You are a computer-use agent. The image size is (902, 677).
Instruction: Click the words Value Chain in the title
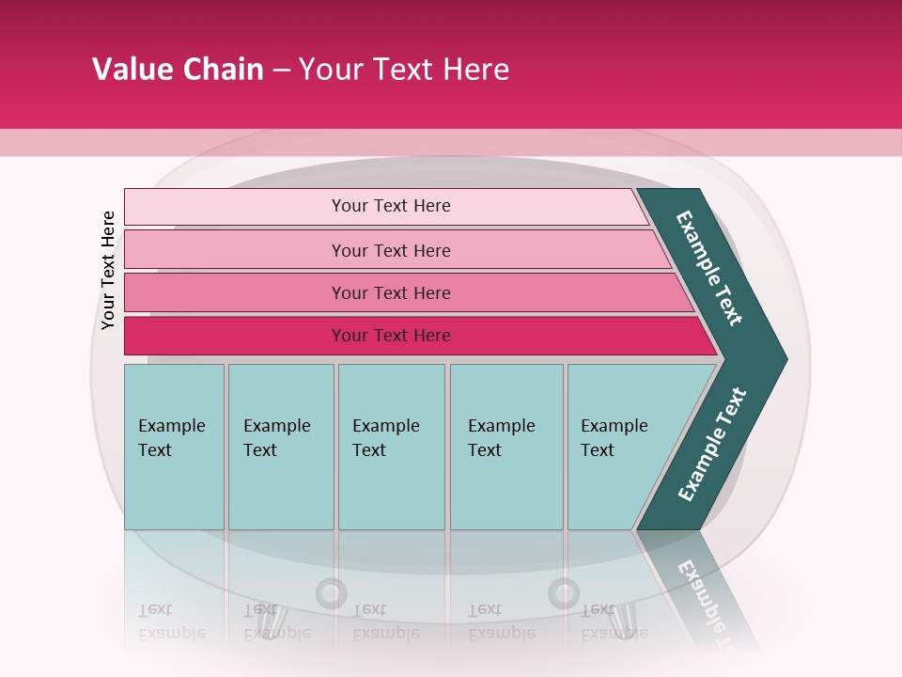coord(178,70)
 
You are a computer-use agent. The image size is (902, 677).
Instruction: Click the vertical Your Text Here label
coord(108,270)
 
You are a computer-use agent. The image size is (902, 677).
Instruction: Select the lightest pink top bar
coord(235,207)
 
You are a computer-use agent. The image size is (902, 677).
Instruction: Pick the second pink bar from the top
coord(235,250)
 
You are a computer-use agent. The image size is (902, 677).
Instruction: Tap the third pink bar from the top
coord(235,292)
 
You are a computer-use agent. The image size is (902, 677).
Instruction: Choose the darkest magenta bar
coord(235,336)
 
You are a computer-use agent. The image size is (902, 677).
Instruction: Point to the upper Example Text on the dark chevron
coord(709,268)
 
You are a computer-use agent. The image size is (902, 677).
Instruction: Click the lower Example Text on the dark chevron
coord(712,444)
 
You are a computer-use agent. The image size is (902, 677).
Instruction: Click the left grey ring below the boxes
coord(331,593)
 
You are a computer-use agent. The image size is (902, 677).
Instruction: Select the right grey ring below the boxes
coord(564,593)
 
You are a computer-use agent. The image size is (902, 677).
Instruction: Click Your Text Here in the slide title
coord(404,70)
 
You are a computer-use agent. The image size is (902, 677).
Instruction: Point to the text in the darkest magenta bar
coord(391,336)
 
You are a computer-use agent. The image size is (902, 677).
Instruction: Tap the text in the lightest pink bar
coord(391,206)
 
